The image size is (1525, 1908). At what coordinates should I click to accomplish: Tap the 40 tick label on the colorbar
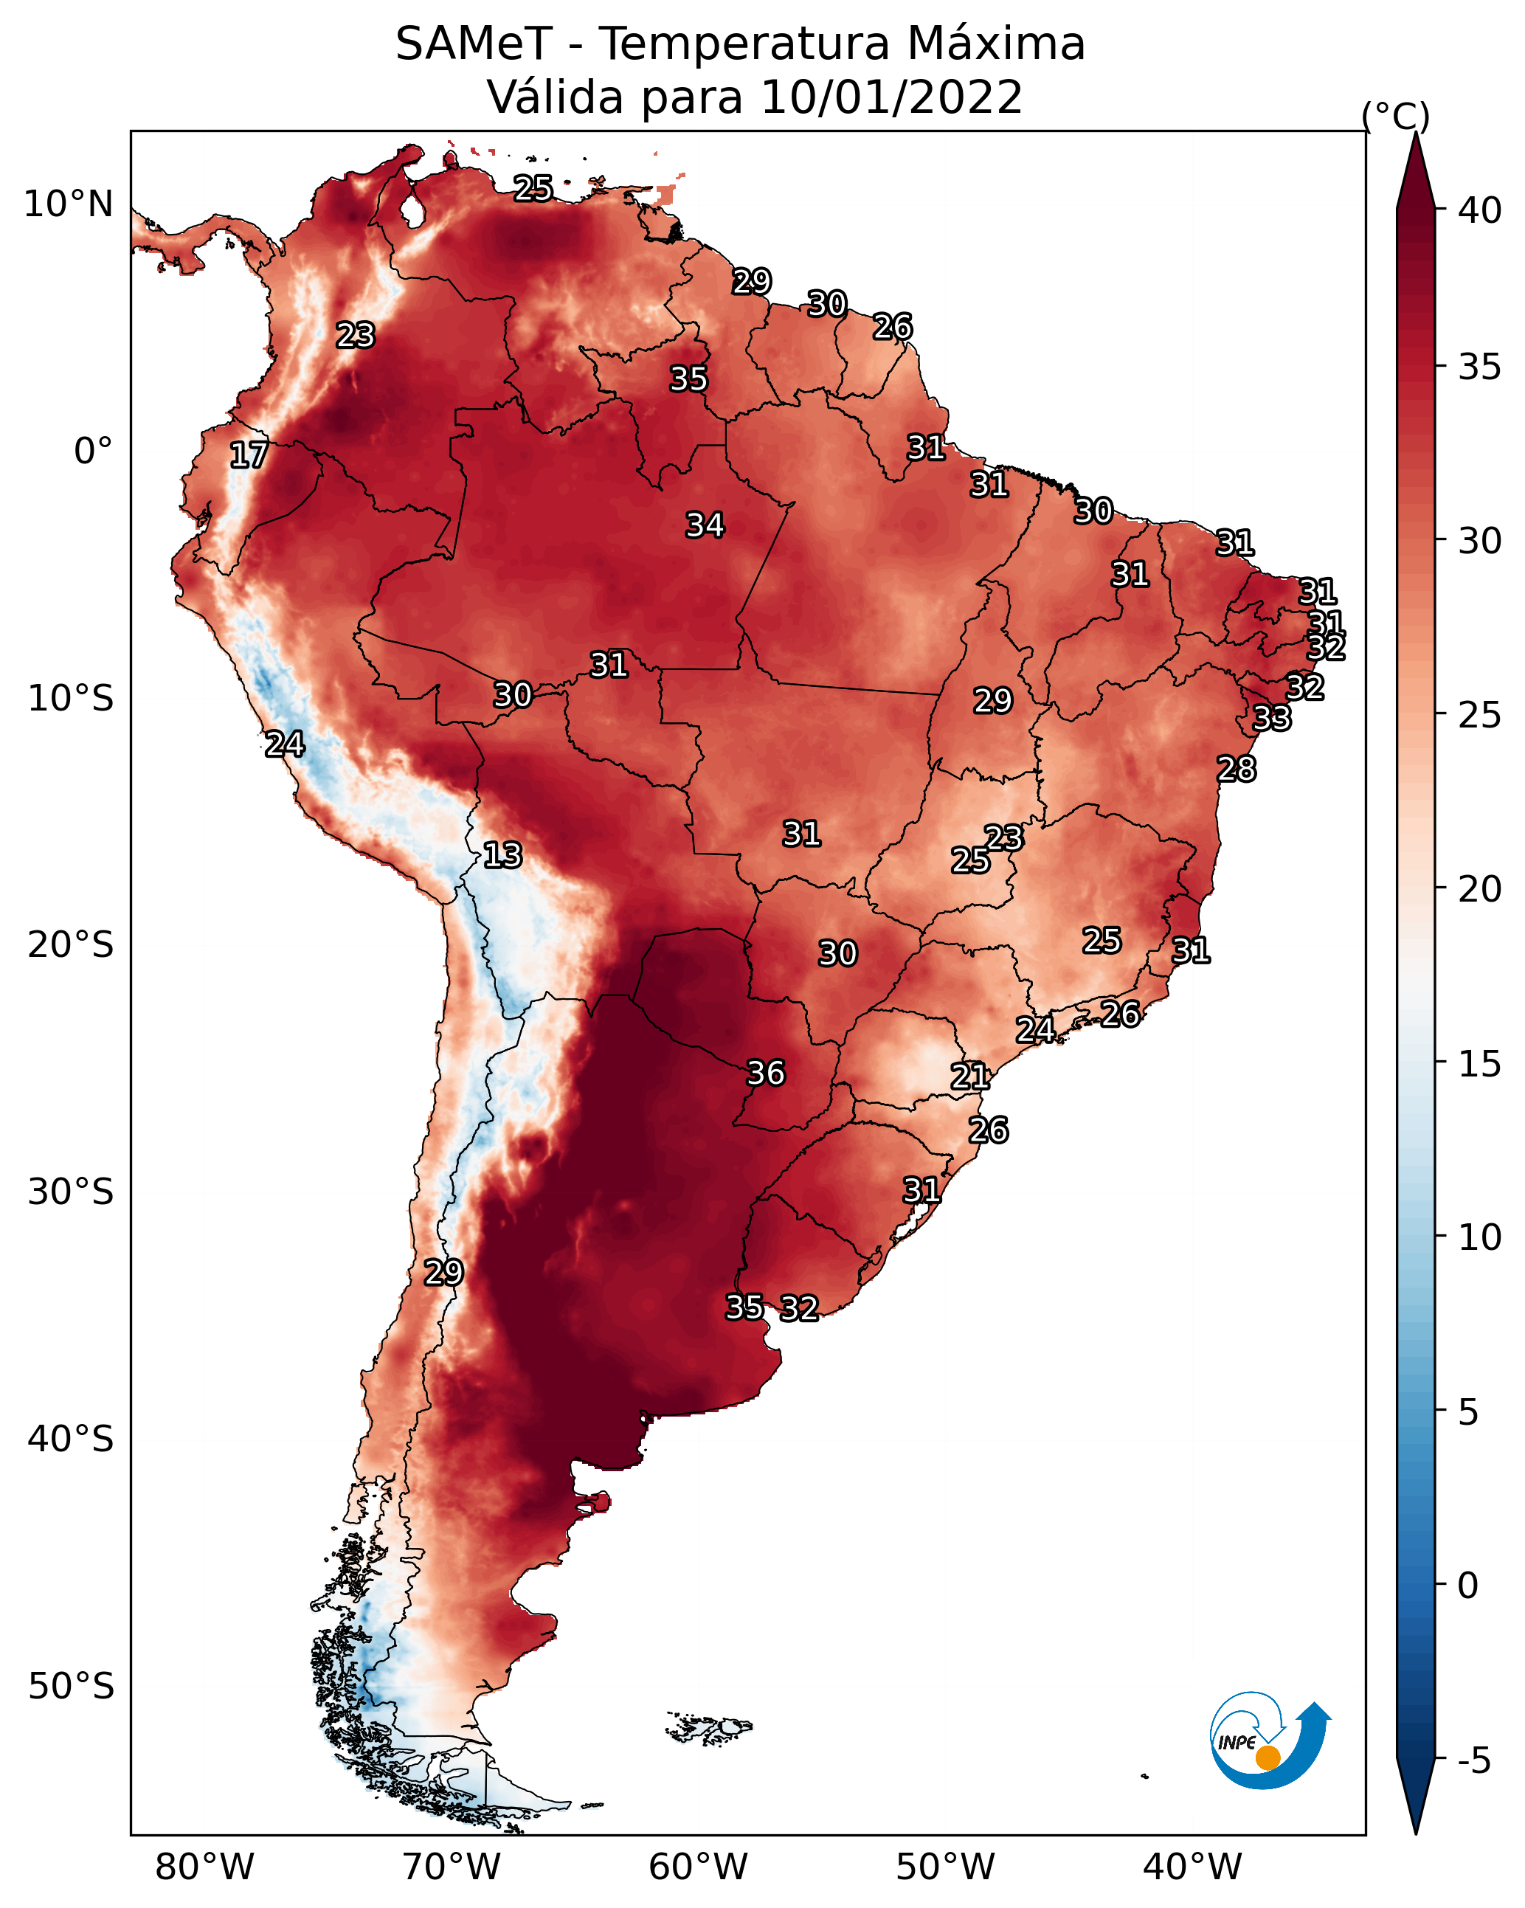(1479, 210)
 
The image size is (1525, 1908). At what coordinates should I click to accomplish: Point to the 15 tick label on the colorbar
(1480, 1064)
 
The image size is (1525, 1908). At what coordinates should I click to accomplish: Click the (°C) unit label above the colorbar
(1396, 116)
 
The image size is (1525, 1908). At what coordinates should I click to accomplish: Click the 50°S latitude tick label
(71, 1686)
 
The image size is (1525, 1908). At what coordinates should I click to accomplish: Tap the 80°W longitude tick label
(204, 1867)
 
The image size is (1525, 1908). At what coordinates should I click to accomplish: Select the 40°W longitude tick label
(1192, 1867)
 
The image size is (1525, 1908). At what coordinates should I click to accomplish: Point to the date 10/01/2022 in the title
(891, 97)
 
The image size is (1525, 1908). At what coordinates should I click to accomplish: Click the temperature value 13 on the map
(502, 855)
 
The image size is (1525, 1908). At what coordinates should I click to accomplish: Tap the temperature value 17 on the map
(249, 455)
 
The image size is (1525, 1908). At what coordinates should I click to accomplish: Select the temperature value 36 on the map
(766, 1073)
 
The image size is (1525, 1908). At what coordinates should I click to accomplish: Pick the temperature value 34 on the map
(705, 525)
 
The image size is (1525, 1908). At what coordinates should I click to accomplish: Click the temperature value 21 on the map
(970, 1076)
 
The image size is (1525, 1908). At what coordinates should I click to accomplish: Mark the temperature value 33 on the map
(1272, 718)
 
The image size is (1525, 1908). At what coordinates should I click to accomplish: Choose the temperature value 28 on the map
(1237, 769)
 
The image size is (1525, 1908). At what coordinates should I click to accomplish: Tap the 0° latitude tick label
(93, 451)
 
